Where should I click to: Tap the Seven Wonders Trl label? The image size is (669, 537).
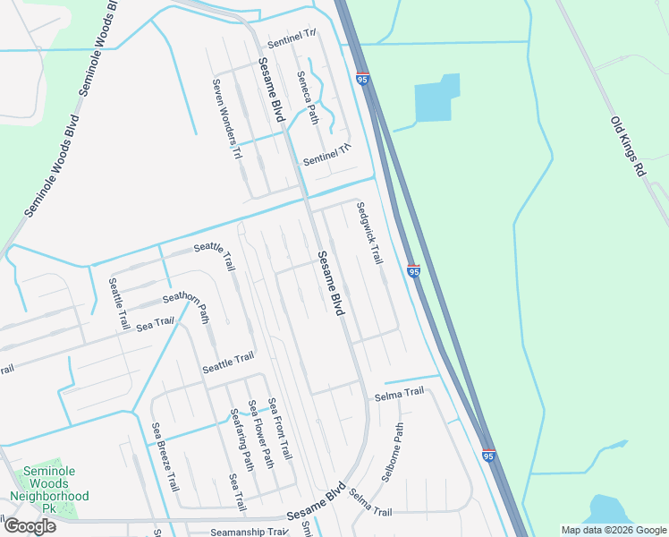tap(227, 119)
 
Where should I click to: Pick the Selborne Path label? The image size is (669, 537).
tap(394, 453)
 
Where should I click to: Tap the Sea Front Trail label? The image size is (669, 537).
tap(279, 430)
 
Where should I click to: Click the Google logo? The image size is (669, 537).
tap(29, 525)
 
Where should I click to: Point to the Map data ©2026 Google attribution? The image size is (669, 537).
tap(613, 530)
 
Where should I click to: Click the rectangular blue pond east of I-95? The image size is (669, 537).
tap(437, 98)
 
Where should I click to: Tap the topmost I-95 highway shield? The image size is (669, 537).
tap(362, 80)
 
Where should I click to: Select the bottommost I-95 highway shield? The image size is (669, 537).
tap(488, 456)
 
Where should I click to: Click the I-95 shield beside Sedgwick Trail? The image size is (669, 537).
tap(413, 269)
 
